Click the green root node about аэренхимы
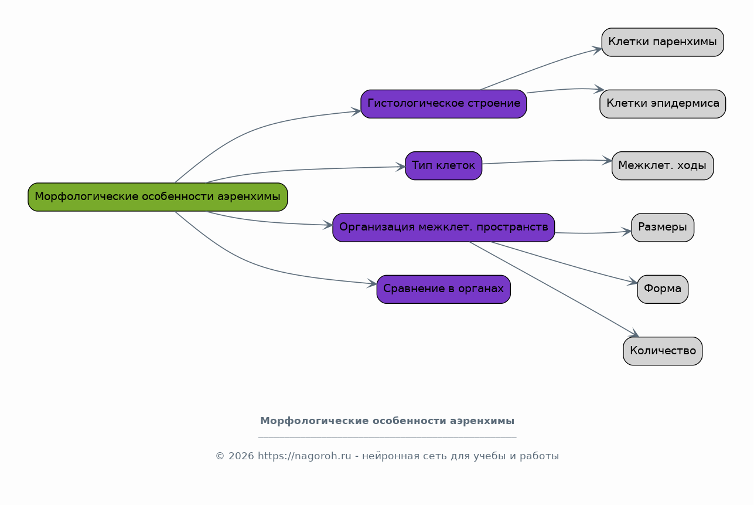coord(158,197)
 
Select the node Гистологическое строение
coord(443,104)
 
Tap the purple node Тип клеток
coord(443,166)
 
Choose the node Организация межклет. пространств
coord(443,228)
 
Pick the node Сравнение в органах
coord(443,289)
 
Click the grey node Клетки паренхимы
coord(663,42)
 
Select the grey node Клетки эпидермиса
coord(663,104)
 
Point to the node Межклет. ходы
coord(663,166)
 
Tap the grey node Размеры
coord(663,228)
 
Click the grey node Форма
coord(663,289)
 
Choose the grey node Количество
coord(663,351)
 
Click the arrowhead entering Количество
coord(634,334)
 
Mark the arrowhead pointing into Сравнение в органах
coord(372,283)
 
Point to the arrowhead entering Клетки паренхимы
coord(597,50)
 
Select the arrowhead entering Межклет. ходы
coord(607,161)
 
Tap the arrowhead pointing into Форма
coord(632,282)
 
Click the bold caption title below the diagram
coord(387,421)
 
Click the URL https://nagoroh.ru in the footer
coord(304,456)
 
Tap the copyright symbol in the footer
coord(220,456)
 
